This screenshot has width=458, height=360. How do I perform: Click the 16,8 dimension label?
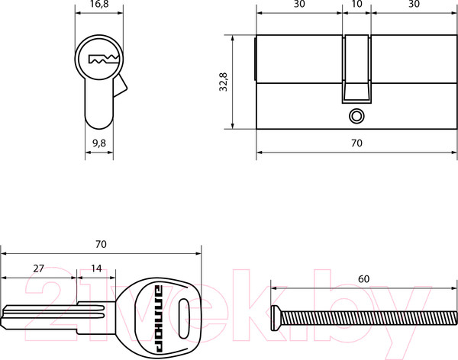click(99, 4)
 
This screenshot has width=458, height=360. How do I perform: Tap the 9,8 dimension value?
click(99, 143)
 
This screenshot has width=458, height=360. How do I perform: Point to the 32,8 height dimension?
click(224, 82)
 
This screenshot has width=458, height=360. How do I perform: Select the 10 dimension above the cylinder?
click(356, 4)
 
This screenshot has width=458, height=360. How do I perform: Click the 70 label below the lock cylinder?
click(356, 143)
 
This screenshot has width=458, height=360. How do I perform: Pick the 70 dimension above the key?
click(101, 244)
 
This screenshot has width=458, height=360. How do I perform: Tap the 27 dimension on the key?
click(38, 268)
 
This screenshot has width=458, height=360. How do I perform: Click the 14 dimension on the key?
click(96, 268)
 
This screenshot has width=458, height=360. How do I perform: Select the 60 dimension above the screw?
click(363, 279)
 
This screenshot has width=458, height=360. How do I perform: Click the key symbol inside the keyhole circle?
click(104, 59)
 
